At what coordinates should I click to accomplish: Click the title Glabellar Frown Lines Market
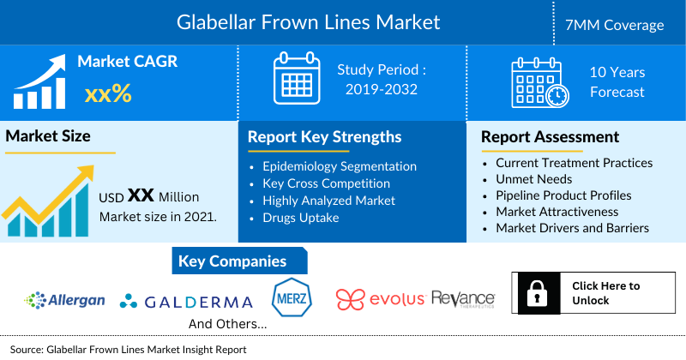[x=308, y=21]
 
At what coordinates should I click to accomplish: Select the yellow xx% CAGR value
[x=108, y=93]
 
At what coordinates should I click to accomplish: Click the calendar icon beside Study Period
[x=296, y=78]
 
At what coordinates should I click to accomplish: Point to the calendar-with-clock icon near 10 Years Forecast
[x=539, y=81]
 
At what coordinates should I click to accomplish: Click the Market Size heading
[x=48, y=136]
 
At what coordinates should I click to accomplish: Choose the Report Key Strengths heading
[x=324, y=137]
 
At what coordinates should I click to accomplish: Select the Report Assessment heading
[x=550, y=137]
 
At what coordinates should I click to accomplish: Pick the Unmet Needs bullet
[x=534, y=179]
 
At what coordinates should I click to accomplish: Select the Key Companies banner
[x=232, y=261]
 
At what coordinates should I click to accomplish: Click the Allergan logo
[x=65, y=300]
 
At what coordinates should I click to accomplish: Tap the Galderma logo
[x=186, y=302]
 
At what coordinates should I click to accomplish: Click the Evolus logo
[x=381, y=299]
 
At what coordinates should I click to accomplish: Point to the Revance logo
[x=463, y=298]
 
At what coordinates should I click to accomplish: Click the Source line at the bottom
[x=129, y=350]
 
